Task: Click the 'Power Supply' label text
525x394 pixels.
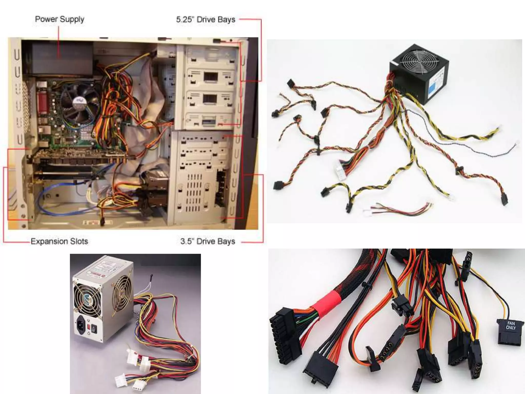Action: (59, 19)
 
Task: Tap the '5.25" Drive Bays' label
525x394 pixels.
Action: (205, 20)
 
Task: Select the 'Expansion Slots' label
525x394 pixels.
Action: (59, 241)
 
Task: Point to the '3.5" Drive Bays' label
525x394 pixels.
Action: (207, 241)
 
